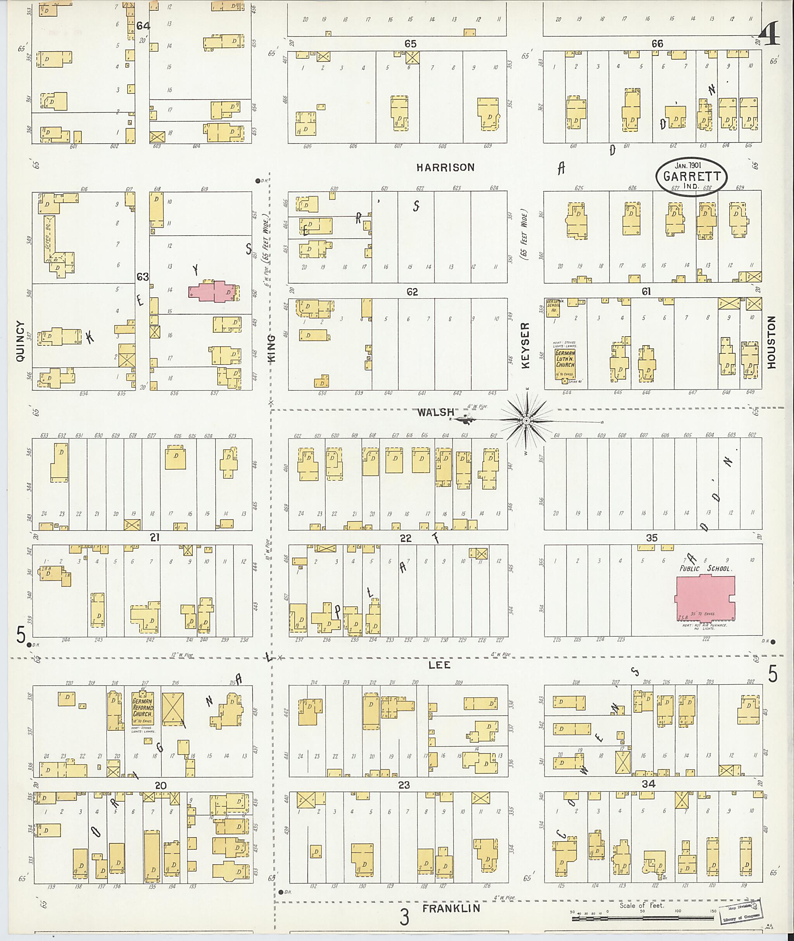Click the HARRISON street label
(445, 167)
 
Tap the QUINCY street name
(20, 341)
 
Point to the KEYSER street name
(526, 346)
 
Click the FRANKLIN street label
(451, 908)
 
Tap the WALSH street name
(435, 412)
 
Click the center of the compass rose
(526, 420)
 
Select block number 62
(412, 292)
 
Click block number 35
(651, 538)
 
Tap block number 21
(154, 537)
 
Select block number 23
(404, 785)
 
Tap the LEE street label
(439, 665)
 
